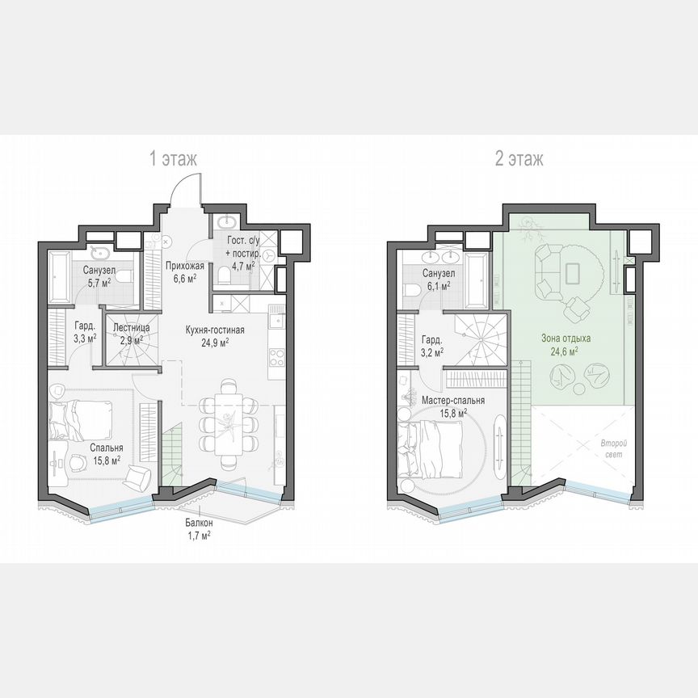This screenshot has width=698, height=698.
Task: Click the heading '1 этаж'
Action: [172, 159]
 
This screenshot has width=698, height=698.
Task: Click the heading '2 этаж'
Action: [519, 159]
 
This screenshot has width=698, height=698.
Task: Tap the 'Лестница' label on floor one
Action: [129, 328]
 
